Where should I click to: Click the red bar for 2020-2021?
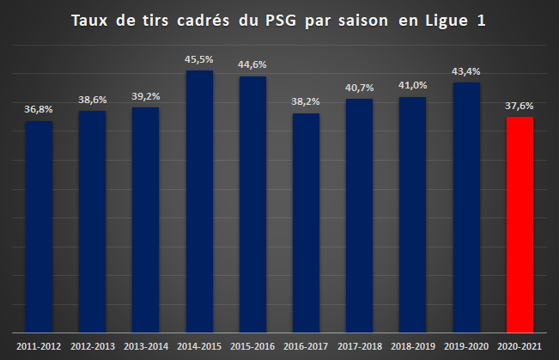(520, 225)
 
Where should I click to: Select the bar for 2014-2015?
(199, 202)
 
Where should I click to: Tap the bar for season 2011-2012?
(39, 227)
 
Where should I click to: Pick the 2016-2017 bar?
(307, 223)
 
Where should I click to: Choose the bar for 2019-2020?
(466, 208)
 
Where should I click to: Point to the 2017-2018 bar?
(359, 216)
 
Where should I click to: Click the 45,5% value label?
(199, 59)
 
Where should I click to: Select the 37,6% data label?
(520, 106)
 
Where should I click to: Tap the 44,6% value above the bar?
(252, 64)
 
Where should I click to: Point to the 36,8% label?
(39, 109)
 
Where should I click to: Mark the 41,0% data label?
(413, 85)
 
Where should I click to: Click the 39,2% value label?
(146, 96)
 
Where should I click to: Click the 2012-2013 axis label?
(93, 346)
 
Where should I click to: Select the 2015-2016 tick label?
(252, 346)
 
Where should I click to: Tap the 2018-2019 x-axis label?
(413, 346)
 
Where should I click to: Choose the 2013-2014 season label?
(146, 346)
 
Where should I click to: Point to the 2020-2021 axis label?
(520, 346)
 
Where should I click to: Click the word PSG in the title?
(281, 21)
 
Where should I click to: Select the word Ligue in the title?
(447, 21)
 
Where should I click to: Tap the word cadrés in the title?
(204, 21)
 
